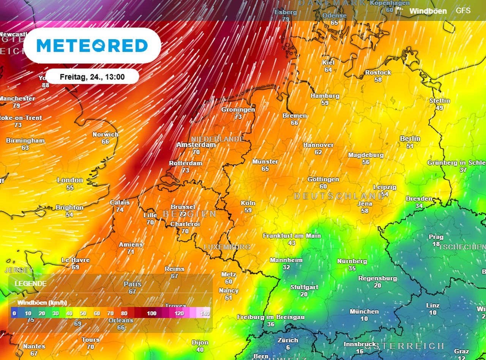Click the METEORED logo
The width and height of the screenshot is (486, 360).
point(92,46)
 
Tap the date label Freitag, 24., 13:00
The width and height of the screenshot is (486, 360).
point(92,77)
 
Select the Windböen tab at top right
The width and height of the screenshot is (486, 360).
point(428,11)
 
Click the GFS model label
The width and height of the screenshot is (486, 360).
point(463,11)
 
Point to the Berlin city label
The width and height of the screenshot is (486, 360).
point(410,139)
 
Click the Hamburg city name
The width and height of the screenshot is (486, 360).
point(325,96)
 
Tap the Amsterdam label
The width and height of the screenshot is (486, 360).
point(196,145)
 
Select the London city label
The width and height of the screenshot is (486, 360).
point(70,180)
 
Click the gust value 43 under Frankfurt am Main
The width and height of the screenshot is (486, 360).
point(292,243)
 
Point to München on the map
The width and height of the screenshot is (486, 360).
point(364,311)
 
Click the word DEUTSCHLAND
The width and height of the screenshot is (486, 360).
point(339,196)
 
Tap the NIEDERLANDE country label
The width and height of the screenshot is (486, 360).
point(217,139)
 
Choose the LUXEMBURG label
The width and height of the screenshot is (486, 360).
point(227,247)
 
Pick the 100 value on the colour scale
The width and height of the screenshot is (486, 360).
point(152,313)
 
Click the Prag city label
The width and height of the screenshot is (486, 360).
point(436,237)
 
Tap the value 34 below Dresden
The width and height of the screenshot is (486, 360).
point(419,206)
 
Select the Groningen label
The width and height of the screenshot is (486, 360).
point(238,109)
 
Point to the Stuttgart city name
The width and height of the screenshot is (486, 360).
point(304,287)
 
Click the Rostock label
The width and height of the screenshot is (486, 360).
point(378,73)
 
